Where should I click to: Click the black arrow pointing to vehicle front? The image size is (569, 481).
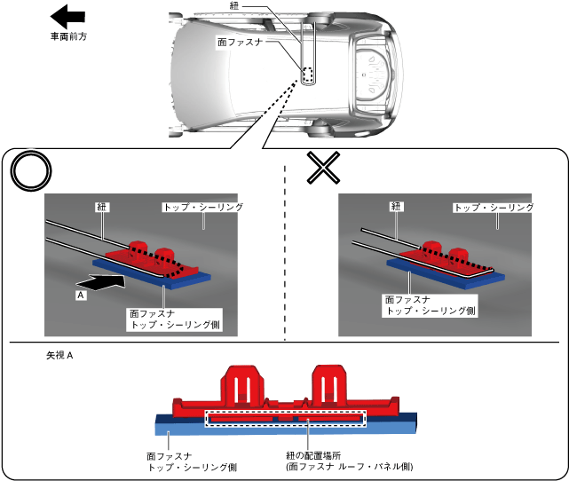pos(67,16)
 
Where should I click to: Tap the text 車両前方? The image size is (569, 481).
pos(68,36)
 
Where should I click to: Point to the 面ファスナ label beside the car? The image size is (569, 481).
pos(239,41)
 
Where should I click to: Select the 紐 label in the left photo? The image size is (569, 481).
pos(100,206)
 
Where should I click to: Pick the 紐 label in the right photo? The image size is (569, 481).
pos(397,206)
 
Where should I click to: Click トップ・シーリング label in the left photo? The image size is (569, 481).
pos(203,207)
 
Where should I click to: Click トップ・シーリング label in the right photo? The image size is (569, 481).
pos(493,207)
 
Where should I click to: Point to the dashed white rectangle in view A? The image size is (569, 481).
pos(285,417)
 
